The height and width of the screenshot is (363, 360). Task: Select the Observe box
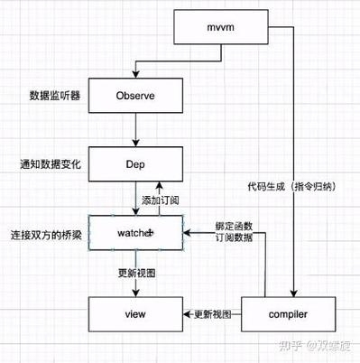click(x=135, y=94)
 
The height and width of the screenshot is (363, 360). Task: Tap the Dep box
click(x=135, y=165)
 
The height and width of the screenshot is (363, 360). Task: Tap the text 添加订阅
click(x=161, y=200)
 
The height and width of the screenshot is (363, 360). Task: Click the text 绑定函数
click(x=234, y=225)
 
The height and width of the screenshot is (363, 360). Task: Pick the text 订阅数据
click(x=234, y=239)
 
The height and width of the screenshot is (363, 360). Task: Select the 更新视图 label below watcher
click(x=136, y=272)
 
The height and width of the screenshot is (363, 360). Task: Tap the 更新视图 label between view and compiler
click(x=213, y=313)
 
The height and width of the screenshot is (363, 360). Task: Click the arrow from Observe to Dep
click(x=135, y=130)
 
